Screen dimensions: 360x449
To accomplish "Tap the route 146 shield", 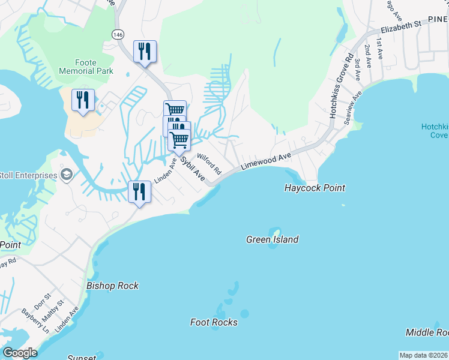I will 118,35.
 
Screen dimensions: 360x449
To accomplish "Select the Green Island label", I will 272,239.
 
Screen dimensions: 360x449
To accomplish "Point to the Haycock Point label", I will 315,188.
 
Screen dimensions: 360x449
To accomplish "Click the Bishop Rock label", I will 112,286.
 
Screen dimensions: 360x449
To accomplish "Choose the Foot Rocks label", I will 214,322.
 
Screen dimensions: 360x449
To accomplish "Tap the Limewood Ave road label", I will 266,161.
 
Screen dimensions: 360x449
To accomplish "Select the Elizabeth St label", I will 401,27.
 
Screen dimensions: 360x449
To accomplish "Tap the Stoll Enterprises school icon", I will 67,175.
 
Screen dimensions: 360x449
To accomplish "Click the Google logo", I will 20,353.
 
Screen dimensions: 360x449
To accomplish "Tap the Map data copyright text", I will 424,355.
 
